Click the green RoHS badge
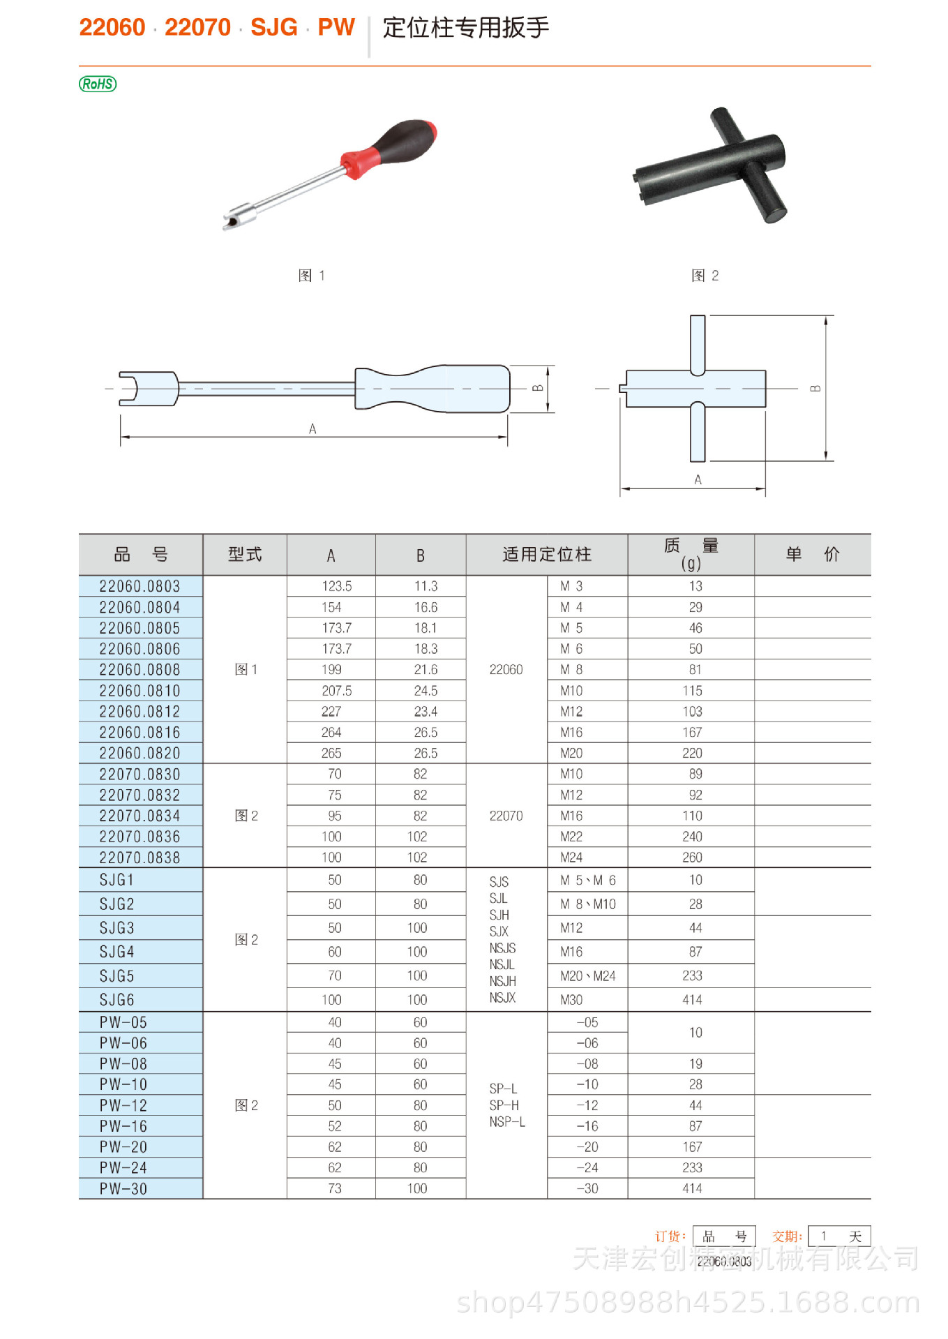[98, 84]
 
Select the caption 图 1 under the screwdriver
[311, 276]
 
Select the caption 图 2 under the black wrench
[705, 276]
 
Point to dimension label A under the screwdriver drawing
[313, 428]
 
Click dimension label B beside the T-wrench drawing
[815, 389]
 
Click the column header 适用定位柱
[546, 555]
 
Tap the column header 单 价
[812, 555]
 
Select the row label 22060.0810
[140, 691]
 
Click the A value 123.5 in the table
[336, 586]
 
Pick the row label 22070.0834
[140, 816]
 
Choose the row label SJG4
[116, 952]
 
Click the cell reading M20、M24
[587, 975]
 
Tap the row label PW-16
[123, 1126]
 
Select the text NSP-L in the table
[507, 1122]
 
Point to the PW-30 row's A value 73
[334, 1188]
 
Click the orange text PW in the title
[336, 27]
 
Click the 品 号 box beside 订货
[724, 1236]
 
